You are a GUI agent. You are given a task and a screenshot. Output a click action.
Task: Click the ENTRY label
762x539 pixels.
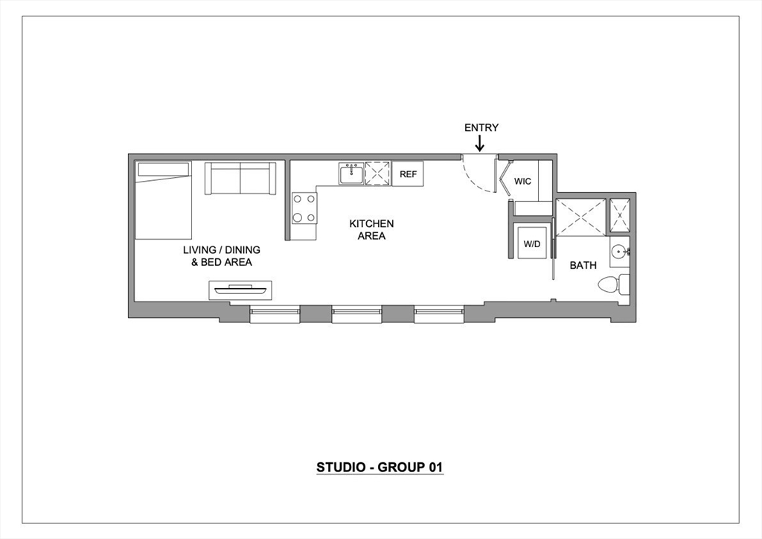pyautogui.click(x=481, y=127)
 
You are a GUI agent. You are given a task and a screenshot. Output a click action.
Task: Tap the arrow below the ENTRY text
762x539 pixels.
pyautogui.click(x=481, y=143)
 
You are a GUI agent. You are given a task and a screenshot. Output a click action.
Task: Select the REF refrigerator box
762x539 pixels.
pyautogui.click(x=408, y=174)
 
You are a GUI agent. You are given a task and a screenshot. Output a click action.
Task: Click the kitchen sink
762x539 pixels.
pyautogui.click(x=350, y=174)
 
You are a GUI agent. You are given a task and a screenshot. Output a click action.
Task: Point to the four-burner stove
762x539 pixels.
pyautogui.click(x=304, y=208)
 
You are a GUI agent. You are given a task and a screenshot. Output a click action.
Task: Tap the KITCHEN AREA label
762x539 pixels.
pyautogui.click(x=371, y=229)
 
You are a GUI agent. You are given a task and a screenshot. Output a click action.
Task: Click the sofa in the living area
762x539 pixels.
pyautogui.click(x=240, y=179)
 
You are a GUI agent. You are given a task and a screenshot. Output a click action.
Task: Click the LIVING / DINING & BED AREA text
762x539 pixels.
pyautogui.click(x=222, y=256)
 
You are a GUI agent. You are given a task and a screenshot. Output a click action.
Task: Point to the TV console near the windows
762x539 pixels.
pyautogui.click(x=240, y=290)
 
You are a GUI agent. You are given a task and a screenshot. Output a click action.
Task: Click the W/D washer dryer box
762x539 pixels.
pyautogui.click(x=531, y=243)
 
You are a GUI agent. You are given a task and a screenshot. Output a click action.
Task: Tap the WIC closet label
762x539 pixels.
pyautogui.click(x=522, y=181)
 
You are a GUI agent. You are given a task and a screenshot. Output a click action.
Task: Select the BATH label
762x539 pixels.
pyautogui.click(x=583, y=265)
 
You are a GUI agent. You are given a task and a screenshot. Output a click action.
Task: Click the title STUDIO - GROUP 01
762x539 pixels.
pyautogui.click(x=380, y=468)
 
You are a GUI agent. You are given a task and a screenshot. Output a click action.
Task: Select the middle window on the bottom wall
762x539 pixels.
pyautogui.click(x=356, y=315)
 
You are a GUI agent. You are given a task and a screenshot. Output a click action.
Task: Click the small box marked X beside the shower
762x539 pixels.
pyautogui.click(x=619, y=215)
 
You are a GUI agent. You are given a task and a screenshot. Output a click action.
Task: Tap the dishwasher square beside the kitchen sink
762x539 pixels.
pyautogui.click(x=377, y=174)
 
